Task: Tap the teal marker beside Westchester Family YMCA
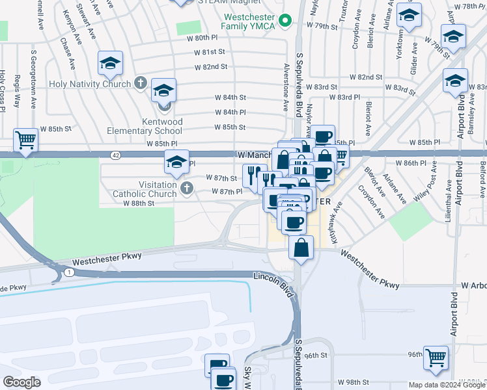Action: [285, 21]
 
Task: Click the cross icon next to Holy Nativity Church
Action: [140, 83]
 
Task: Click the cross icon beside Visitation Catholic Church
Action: [187, 189]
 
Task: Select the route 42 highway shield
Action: [115, 155]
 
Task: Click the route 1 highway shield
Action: [69, 271]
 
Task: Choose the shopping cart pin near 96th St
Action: [436, 356]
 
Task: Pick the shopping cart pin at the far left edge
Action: [25, 138]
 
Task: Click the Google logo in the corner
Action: [22, 382]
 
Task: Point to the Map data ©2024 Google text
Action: [447, 385]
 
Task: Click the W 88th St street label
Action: [138, 203]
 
